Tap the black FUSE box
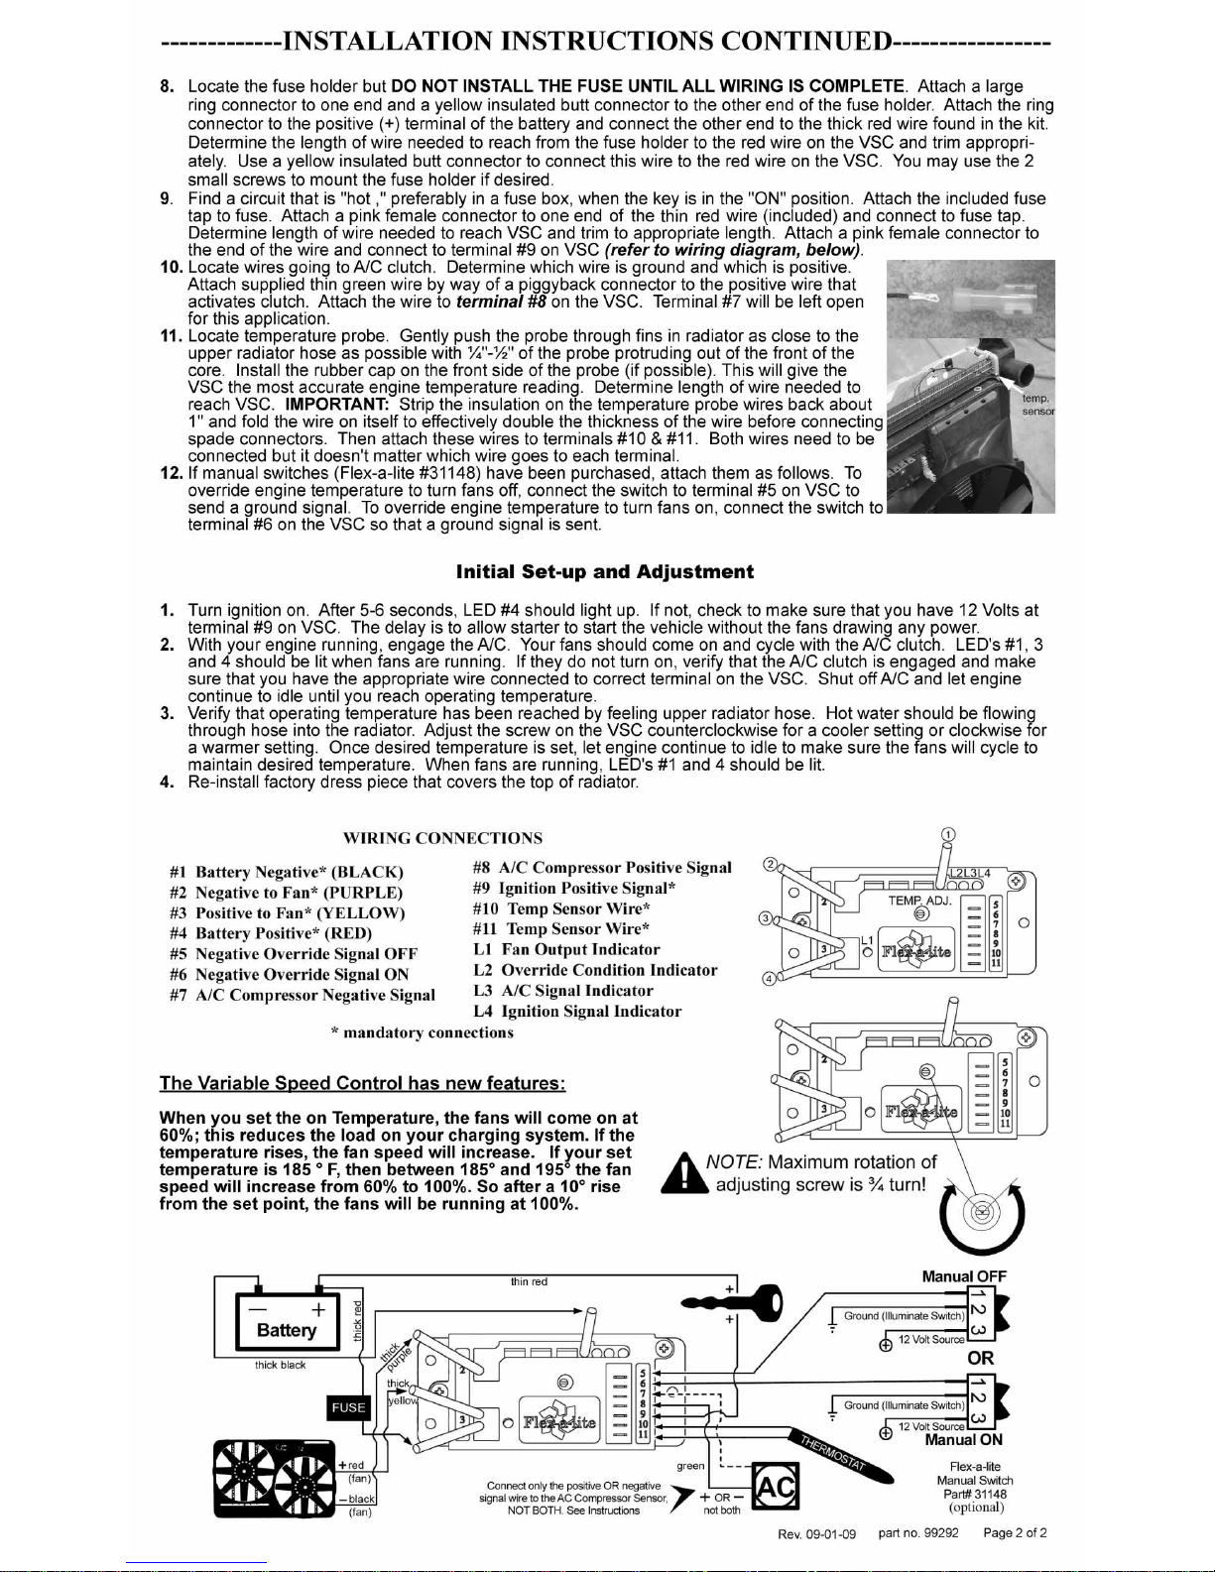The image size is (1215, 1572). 348,1407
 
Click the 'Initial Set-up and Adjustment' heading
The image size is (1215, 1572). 604,572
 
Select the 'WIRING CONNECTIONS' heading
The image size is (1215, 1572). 442,838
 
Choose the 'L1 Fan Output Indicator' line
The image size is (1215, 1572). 566,949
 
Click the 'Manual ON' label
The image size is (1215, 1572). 963,1440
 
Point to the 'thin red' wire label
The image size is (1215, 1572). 529,1281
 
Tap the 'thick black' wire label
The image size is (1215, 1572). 280,1365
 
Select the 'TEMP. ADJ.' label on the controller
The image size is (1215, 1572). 919,901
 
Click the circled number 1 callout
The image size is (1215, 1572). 948,834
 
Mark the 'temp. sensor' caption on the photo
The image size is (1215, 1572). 1036,404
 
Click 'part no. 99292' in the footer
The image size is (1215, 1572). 918,1533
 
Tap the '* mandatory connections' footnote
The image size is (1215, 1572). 422,1032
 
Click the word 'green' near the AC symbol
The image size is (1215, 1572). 690,1465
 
